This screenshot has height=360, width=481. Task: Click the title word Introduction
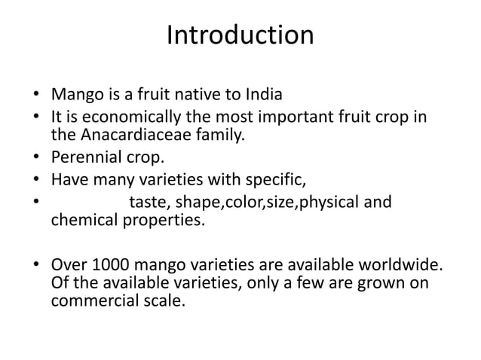[240, 35]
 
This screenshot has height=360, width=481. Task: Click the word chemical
[82, 221]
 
